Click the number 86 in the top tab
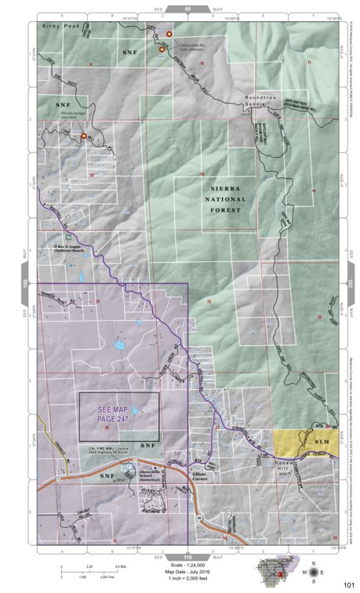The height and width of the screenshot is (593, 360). [x=187, y=9]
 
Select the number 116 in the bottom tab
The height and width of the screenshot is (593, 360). [x=187, y=554]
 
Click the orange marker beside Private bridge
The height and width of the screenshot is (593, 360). [x=84, y=136]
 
